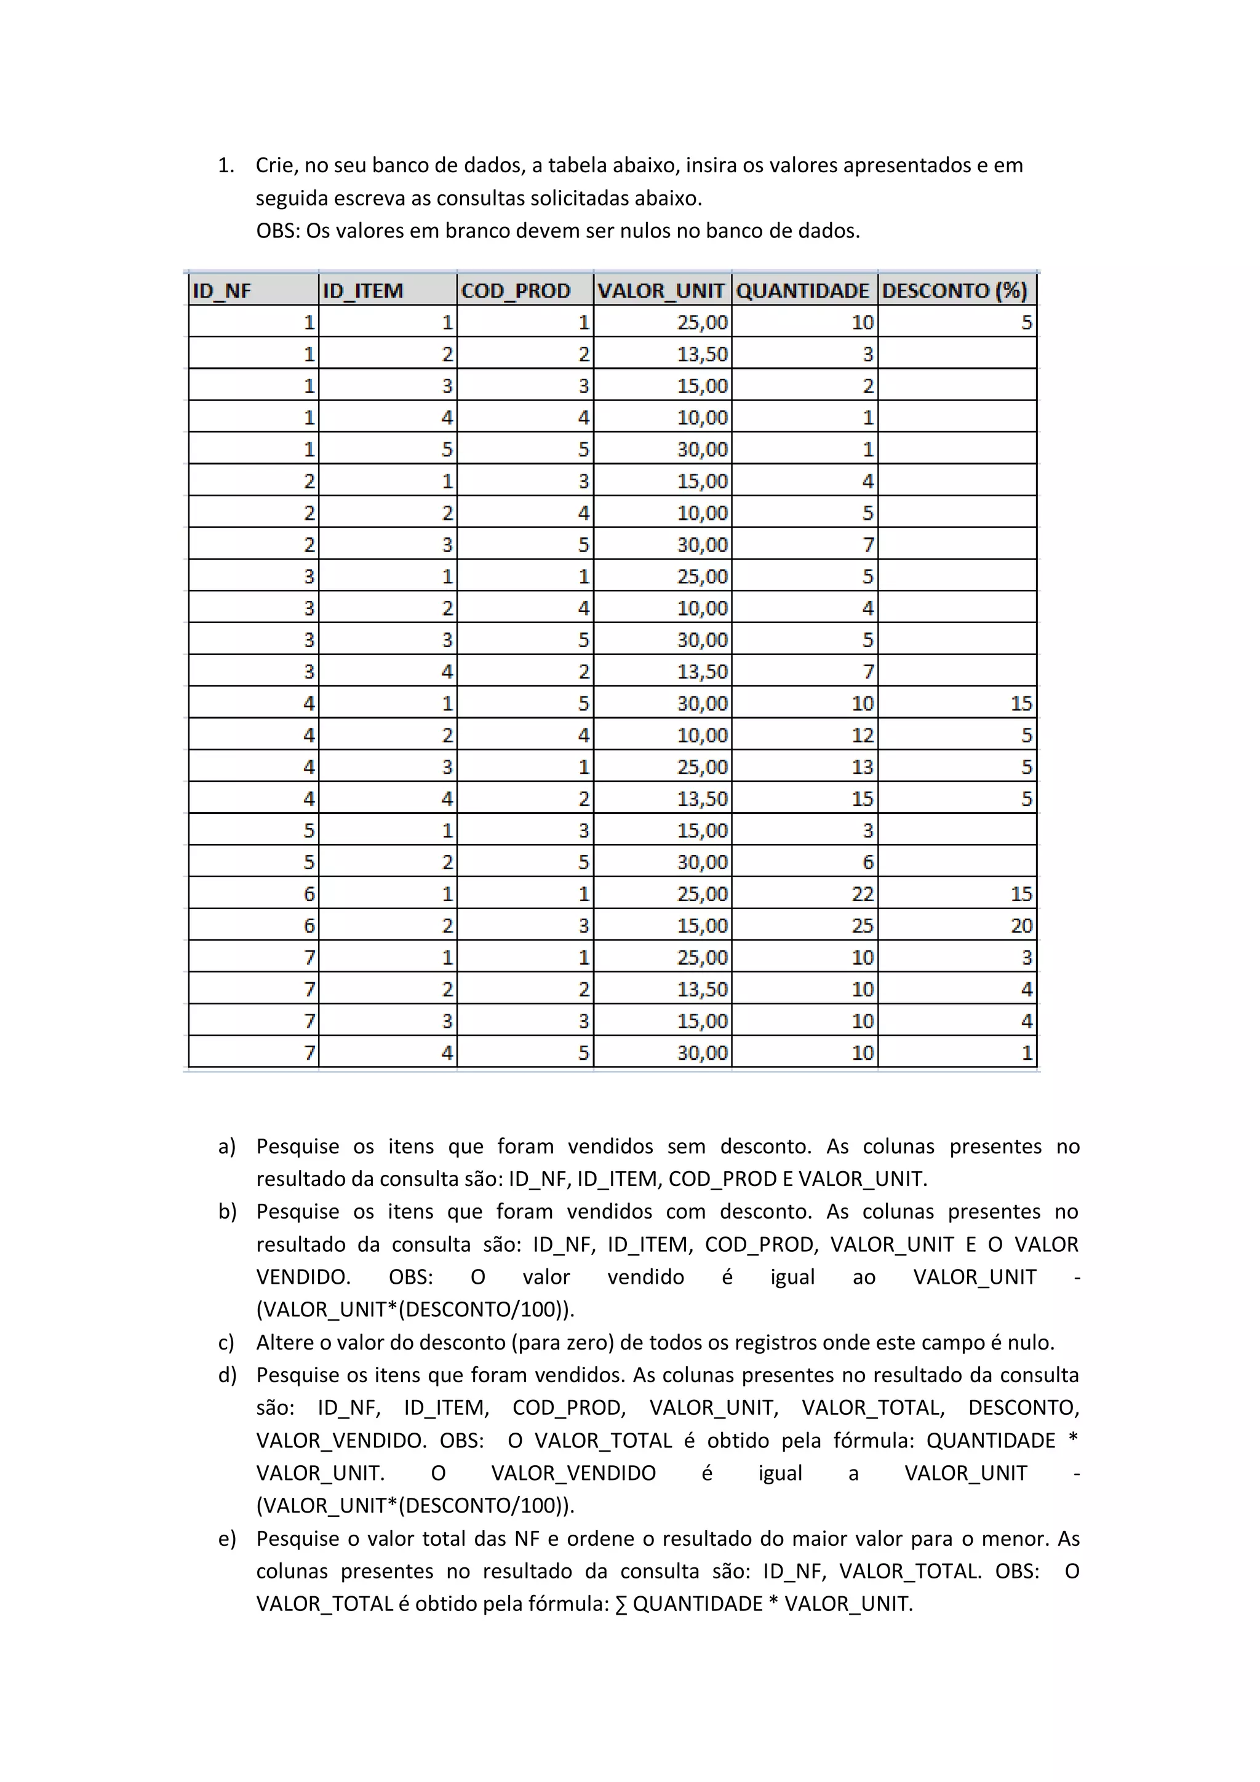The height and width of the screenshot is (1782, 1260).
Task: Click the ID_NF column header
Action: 222,290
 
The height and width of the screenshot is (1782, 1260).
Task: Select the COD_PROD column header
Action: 516,290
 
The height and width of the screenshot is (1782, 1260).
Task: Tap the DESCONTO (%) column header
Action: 954,290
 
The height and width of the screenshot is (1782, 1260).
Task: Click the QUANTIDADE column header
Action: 802,290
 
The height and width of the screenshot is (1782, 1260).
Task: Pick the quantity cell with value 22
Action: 863,894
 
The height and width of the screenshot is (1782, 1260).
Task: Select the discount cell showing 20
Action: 1021,926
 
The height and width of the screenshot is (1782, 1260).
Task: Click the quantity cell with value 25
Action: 863,926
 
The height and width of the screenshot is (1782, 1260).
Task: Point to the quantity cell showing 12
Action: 863,735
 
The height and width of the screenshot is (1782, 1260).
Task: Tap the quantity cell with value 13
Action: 863,767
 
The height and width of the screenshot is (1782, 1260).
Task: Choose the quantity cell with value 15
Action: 863,798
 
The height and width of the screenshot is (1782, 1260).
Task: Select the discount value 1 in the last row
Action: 1026,1053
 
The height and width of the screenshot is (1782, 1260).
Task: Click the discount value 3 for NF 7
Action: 1026,958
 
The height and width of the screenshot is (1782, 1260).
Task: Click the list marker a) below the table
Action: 226,1147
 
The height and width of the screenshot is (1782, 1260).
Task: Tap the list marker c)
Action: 226,1343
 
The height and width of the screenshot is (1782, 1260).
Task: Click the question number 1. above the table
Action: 225,165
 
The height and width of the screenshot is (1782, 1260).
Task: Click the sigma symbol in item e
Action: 621,1604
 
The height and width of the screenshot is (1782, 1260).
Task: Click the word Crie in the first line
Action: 275,165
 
